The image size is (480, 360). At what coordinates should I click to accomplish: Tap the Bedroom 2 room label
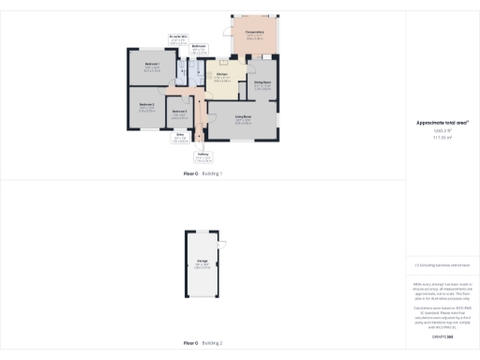[x=146, y=106]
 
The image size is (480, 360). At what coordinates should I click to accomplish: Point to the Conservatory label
[x=255, y=35]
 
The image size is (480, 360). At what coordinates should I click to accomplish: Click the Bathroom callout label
[x=199, y=47]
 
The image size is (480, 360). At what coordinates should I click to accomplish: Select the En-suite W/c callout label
[x=179, y=38]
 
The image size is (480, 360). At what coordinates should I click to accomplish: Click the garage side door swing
[x=221, y=245]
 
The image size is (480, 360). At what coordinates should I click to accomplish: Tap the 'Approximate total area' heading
[x=442, y=123]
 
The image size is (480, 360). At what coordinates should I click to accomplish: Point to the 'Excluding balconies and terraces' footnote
[x=442, y=265]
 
